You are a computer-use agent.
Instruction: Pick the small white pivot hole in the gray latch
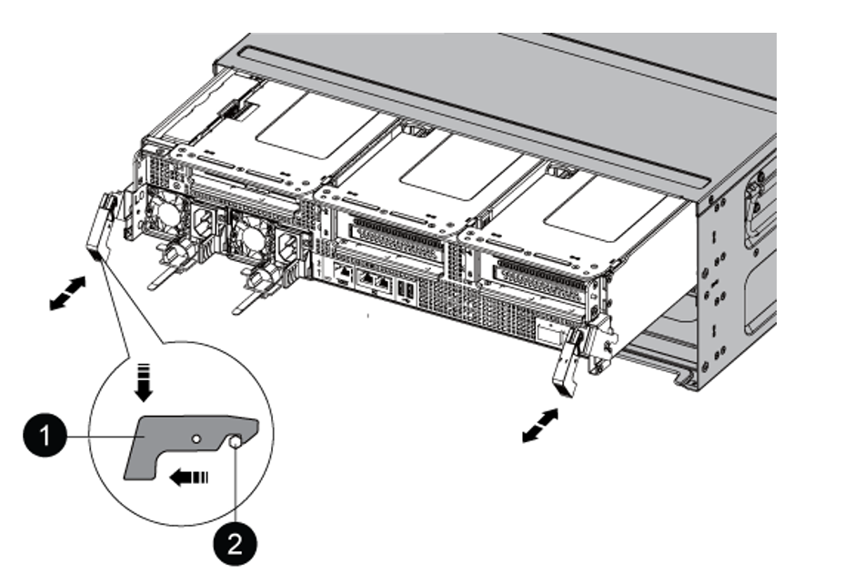194,437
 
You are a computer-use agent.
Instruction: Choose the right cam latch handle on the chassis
569,361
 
